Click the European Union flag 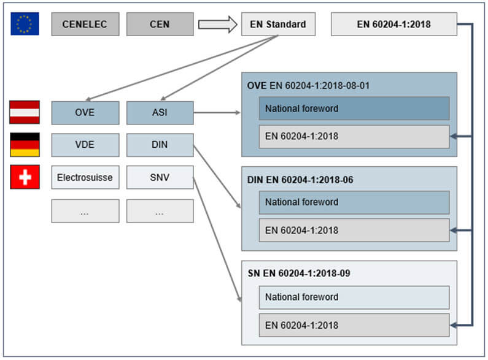pos(25,24)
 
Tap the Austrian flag pos(25,112)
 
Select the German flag pos(25,145)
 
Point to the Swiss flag pos(25,177)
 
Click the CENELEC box pos(85,25)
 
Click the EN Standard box pos(278,25)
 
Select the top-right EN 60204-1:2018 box pos(393,25)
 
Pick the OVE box pos(85,113)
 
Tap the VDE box pos(85,145)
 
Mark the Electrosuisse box pos(85,178)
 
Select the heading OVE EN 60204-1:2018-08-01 pos(308,85)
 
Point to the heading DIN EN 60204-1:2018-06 pos(300,180)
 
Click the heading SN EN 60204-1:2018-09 pos(299,273)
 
